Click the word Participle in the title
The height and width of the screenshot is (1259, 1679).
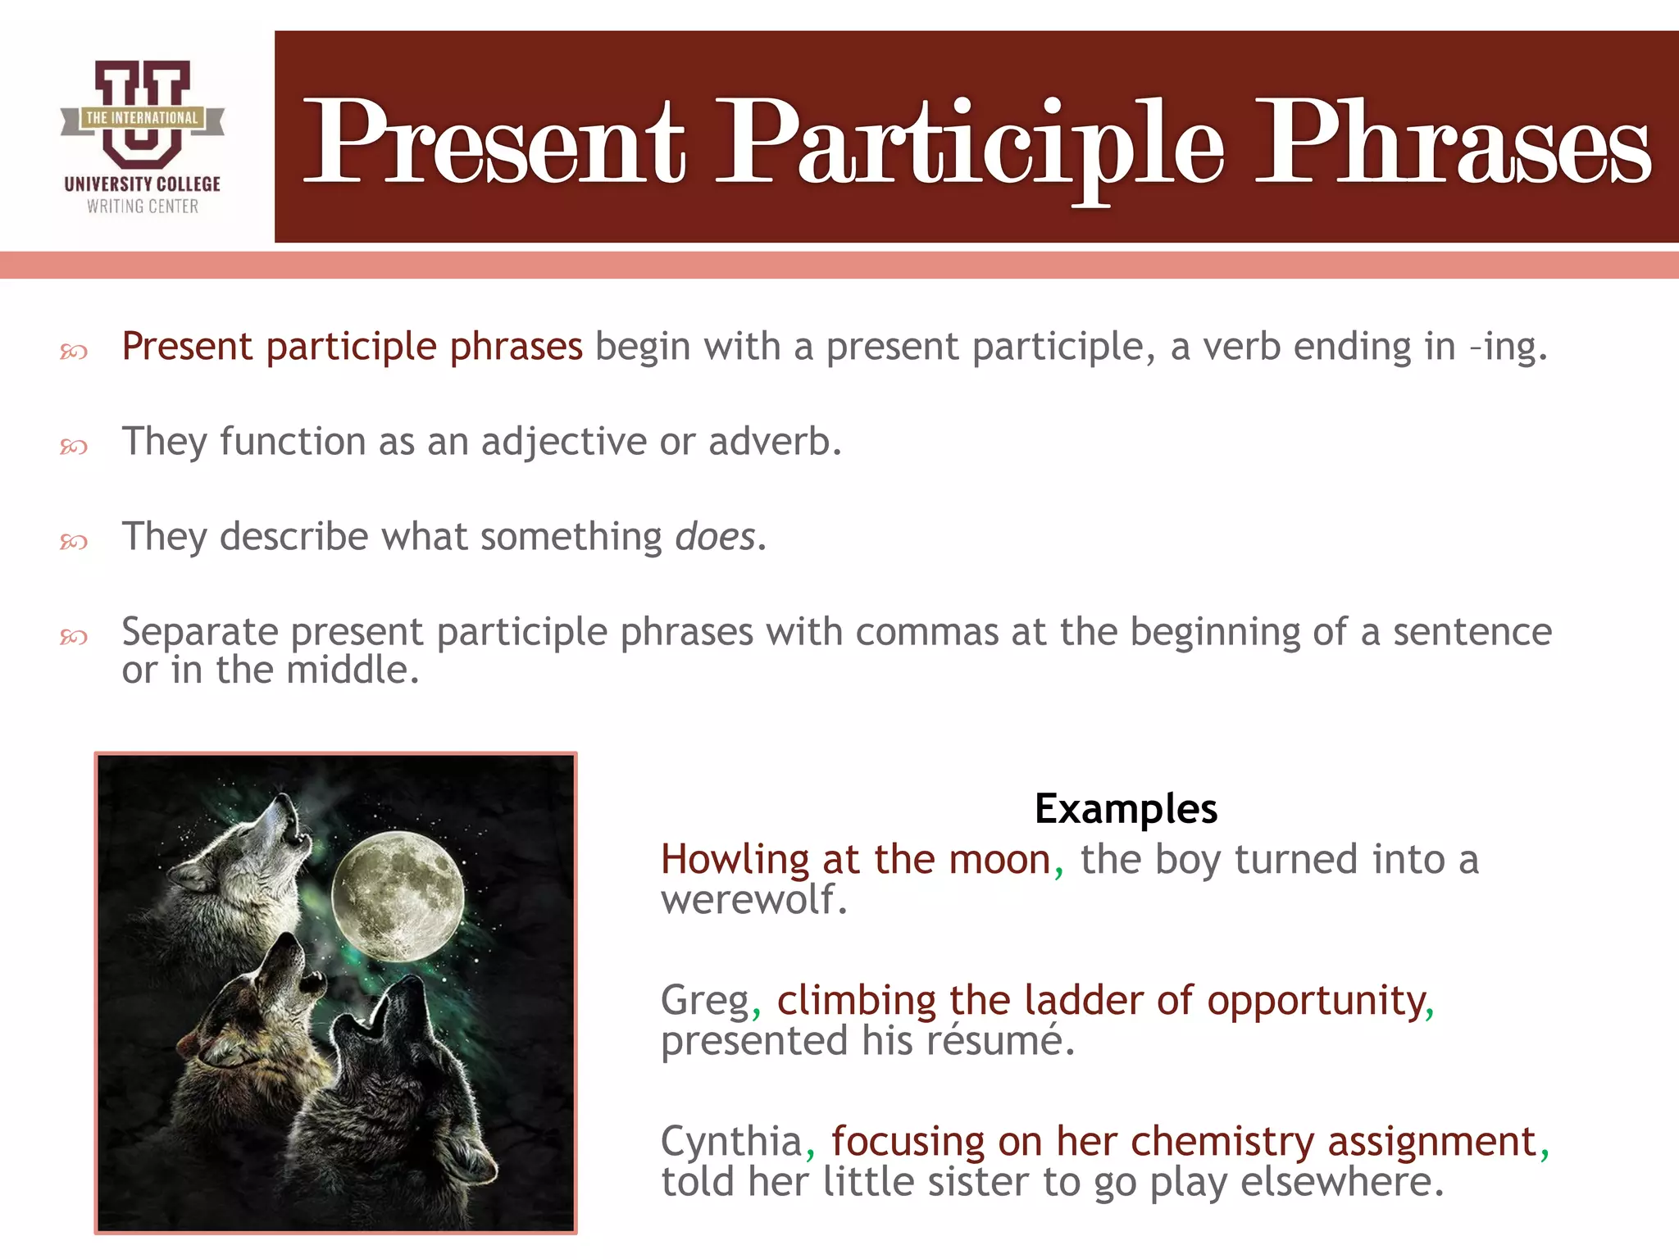971,143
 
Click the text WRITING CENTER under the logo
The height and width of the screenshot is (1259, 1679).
143,207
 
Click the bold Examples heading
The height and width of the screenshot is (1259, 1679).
1126,809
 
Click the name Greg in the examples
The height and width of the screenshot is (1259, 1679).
705,1001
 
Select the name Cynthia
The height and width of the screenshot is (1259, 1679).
731,1142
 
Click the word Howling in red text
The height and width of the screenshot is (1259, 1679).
735,860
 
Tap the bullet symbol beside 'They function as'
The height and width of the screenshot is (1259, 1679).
74,447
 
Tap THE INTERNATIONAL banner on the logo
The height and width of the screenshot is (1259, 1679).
142,118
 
